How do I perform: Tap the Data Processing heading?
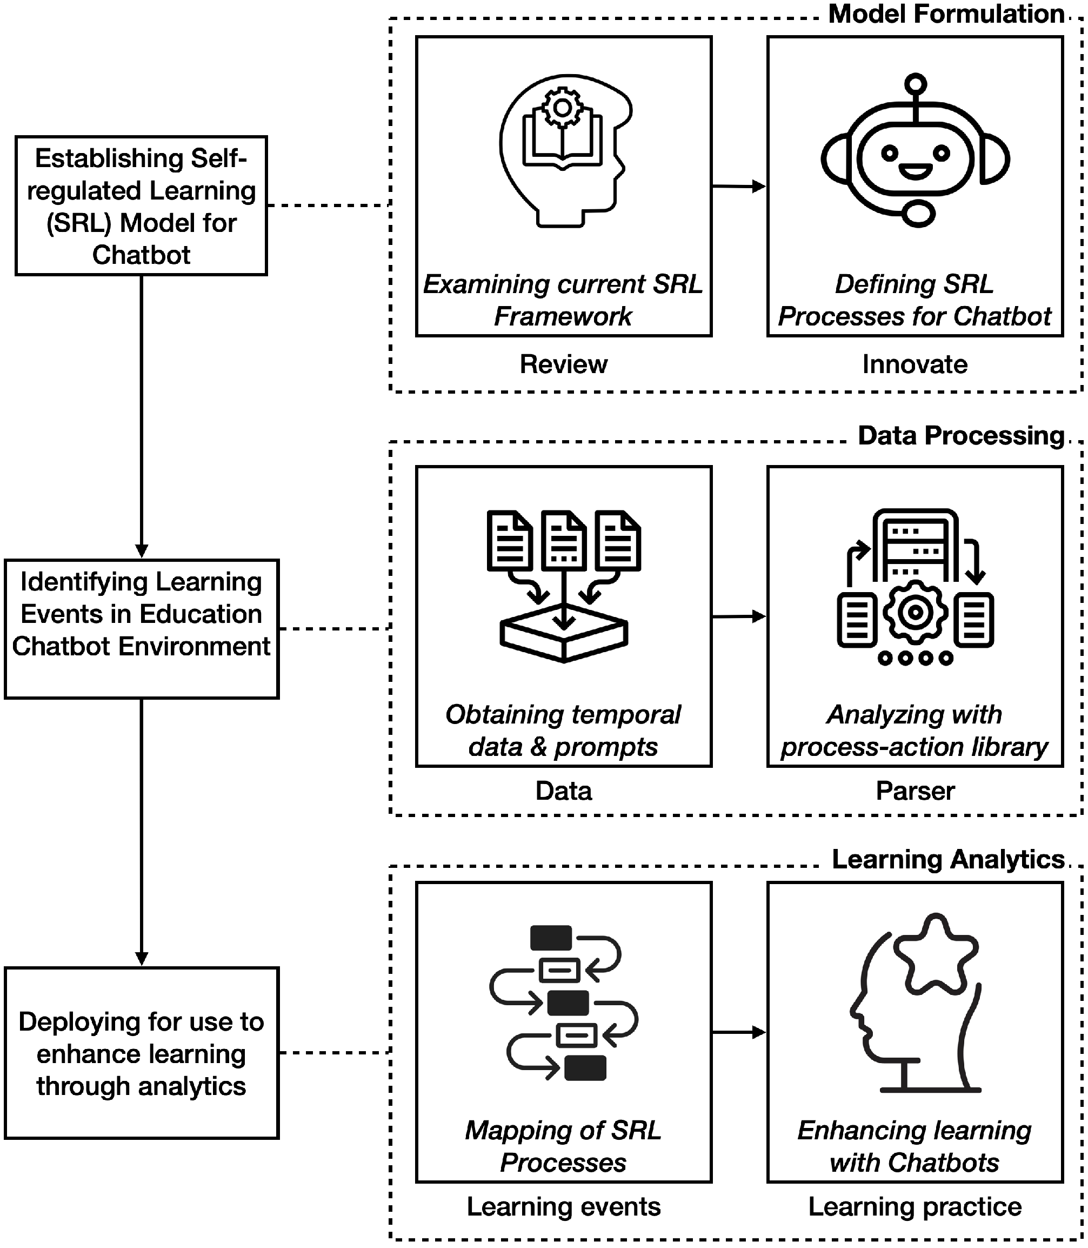coord(960,436)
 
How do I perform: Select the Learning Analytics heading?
coord(948,859)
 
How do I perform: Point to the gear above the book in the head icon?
coord(562,108)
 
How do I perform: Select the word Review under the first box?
coord(563,364)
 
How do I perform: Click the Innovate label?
coord(915,364)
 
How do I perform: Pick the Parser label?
coord(915,791)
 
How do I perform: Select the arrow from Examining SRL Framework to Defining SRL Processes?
coord(738,187)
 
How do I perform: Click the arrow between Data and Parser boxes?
coord(738,616)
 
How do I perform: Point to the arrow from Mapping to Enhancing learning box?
coord(738,1032)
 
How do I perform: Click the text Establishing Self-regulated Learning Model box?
coord(141,206)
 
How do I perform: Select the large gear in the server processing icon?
coord(915,613)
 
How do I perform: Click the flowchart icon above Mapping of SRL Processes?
coord(562,1003)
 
